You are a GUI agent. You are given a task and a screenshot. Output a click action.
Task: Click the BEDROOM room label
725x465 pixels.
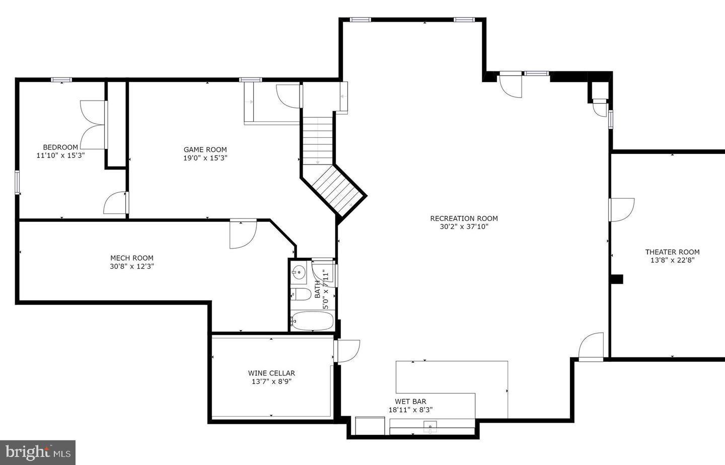click(60, 147)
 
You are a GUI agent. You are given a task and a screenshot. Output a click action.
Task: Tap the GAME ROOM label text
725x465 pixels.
click(205, 149)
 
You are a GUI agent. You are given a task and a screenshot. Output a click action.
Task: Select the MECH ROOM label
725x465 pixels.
click(132, 258)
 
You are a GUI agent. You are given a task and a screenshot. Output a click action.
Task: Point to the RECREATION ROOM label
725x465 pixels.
click(464, 218)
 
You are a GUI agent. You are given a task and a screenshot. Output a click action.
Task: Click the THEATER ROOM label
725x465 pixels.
click(672, 252)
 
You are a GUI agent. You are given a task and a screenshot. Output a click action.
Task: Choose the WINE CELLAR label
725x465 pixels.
click(271, 373)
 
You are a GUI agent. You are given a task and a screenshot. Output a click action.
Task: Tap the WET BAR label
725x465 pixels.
click(410, 401)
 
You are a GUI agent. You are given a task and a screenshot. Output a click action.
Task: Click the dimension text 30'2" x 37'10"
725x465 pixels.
click(464, 227)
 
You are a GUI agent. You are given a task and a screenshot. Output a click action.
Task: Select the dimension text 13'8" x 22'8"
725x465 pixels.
click(672, 261)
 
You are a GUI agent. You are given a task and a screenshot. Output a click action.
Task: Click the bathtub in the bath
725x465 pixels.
click(312, 321)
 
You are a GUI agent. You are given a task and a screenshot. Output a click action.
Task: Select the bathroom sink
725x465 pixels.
click(299, 273)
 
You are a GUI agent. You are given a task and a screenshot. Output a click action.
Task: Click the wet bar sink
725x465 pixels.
click(430, 427)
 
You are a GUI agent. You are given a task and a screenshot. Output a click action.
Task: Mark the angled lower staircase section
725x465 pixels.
click(337, 190)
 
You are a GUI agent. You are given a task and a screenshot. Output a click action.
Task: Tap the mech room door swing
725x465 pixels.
click(243, 235)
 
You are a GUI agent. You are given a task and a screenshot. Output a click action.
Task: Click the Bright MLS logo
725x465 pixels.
click(38, 452)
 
